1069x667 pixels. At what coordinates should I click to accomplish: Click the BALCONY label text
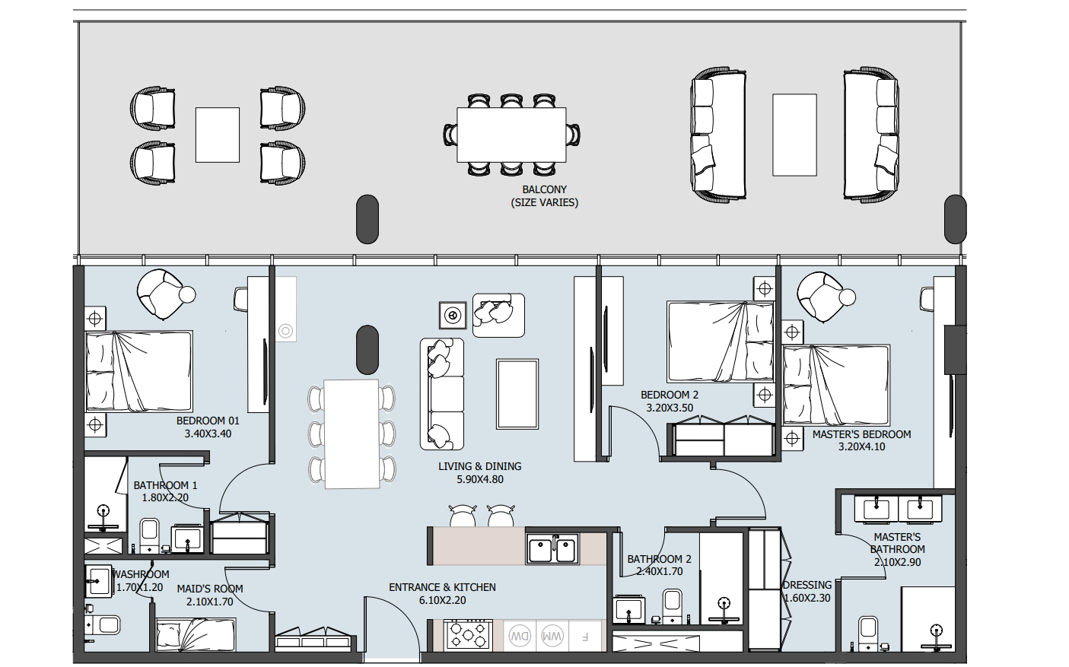tap(544, 189)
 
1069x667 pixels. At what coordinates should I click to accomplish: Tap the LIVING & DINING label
tap(479, 466)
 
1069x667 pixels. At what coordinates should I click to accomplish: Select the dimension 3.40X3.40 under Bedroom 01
tap(208, 434)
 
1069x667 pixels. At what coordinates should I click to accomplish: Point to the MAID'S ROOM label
tap(209, 589)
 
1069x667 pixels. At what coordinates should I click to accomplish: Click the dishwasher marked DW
tap(519, 636)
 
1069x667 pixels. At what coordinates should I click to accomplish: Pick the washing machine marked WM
tap(552, 636)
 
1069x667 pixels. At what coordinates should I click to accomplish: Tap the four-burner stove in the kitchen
tap(468, 635)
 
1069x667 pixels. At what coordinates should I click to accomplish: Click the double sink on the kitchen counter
tap(552, 549)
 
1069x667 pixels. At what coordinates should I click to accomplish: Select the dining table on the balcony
tap(511, 135)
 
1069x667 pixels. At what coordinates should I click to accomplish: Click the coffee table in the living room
tap(517, 394)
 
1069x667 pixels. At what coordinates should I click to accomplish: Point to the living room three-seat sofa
tap(442, 394)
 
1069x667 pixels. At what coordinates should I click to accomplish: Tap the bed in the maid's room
tap(196, 635)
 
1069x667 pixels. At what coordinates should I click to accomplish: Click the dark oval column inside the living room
tap(367, 350)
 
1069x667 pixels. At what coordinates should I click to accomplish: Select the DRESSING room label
tap(807, 585)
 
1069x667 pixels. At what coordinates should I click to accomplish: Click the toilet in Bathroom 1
tap(149, 535)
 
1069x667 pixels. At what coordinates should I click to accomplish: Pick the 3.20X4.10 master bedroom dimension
tap(861, 447)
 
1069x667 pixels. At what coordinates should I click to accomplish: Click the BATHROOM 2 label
tap(659, 559)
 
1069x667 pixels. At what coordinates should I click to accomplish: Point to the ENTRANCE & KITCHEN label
tap(442, 587)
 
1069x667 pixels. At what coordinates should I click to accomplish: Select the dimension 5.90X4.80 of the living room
tap(479, 479)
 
